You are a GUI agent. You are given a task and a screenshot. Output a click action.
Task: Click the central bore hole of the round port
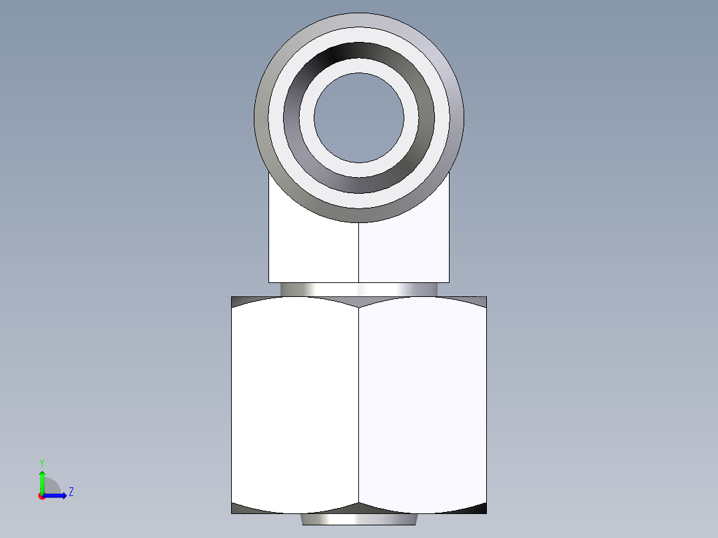point(359,118)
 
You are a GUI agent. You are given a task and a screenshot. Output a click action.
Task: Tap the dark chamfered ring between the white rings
point(359,51)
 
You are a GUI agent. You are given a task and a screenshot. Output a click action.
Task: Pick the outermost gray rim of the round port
point(359,19)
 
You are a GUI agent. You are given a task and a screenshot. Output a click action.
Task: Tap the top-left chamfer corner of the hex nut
point(237,301)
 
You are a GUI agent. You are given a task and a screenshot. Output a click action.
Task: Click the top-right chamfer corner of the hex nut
point(481,301)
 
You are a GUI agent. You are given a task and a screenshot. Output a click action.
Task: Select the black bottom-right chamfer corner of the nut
point(481,509)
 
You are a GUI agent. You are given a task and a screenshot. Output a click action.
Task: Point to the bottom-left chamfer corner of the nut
point(237,509)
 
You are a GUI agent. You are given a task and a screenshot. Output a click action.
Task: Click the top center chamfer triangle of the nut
point(359,302)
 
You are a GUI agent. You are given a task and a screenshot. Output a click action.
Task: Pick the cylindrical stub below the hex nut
point(359,519)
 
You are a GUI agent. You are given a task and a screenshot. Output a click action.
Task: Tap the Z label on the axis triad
point(71,493)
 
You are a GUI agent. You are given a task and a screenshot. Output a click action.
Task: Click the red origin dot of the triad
point(41,496)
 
